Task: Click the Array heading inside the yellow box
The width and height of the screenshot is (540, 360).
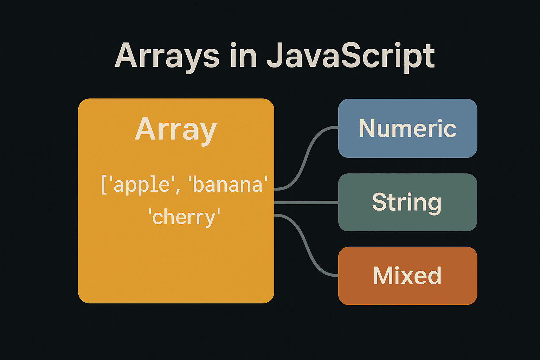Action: (x=176, y=129)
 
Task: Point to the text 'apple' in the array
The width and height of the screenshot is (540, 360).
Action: (x=142, y=185)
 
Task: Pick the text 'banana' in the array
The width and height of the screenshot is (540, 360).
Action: (x=228, y=185)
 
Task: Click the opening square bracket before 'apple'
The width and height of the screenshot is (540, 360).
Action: (x=104, y=185)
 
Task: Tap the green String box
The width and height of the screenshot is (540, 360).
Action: (x=407, y=221)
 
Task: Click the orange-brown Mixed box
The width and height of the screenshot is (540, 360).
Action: (x=407, y=295)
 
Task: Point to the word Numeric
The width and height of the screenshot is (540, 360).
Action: (x=407, y=128)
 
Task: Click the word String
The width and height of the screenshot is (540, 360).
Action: (x=407, y=202)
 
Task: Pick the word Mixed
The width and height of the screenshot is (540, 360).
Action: (x=407, y=276)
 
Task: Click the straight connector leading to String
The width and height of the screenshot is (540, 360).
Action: (x=306, y=202)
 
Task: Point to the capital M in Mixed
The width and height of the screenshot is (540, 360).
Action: (x=382, y=276)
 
